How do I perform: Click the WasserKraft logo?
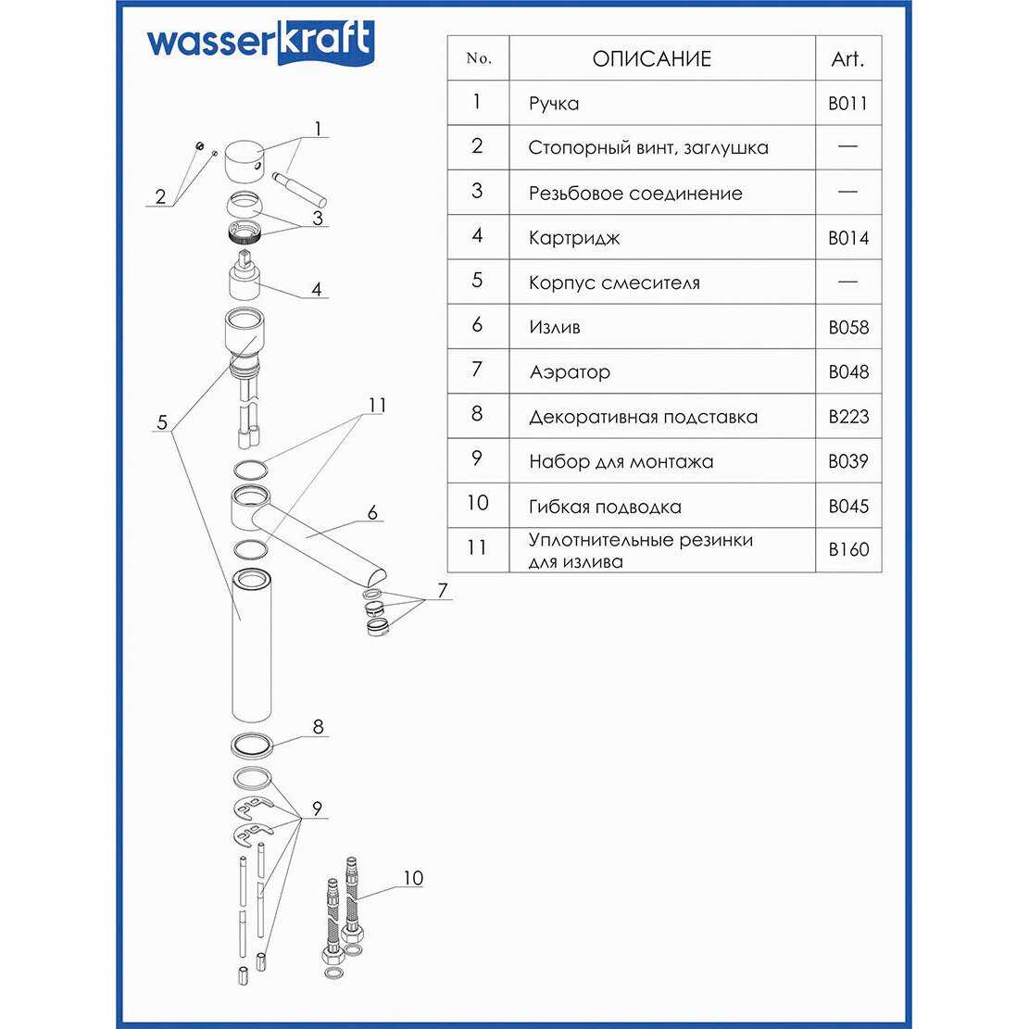(x=260, y=43)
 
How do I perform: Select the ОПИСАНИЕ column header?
(x=651, y=59)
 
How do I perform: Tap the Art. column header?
(x=847, y=59)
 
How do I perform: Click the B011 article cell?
(x=847, y=104)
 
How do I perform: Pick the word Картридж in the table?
(x=574, y=238)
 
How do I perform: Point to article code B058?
(x=847, y=328)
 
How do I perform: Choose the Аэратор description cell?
(x=570, y=372)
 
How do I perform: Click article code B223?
(x=847, y=417)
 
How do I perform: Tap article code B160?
(x=847, y=549)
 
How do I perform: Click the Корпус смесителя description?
(x=614, y=282)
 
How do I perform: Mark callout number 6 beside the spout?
(x=372, y=512)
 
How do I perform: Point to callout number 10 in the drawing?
(x=412, y=877)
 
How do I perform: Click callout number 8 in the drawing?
(x=318, y=727)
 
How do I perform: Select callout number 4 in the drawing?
(x=317, y=289)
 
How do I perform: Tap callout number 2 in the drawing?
(x=160, y=196)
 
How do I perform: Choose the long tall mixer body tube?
(x=250, y=648)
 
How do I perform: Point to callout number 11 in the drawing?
(x=376, y=406)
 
